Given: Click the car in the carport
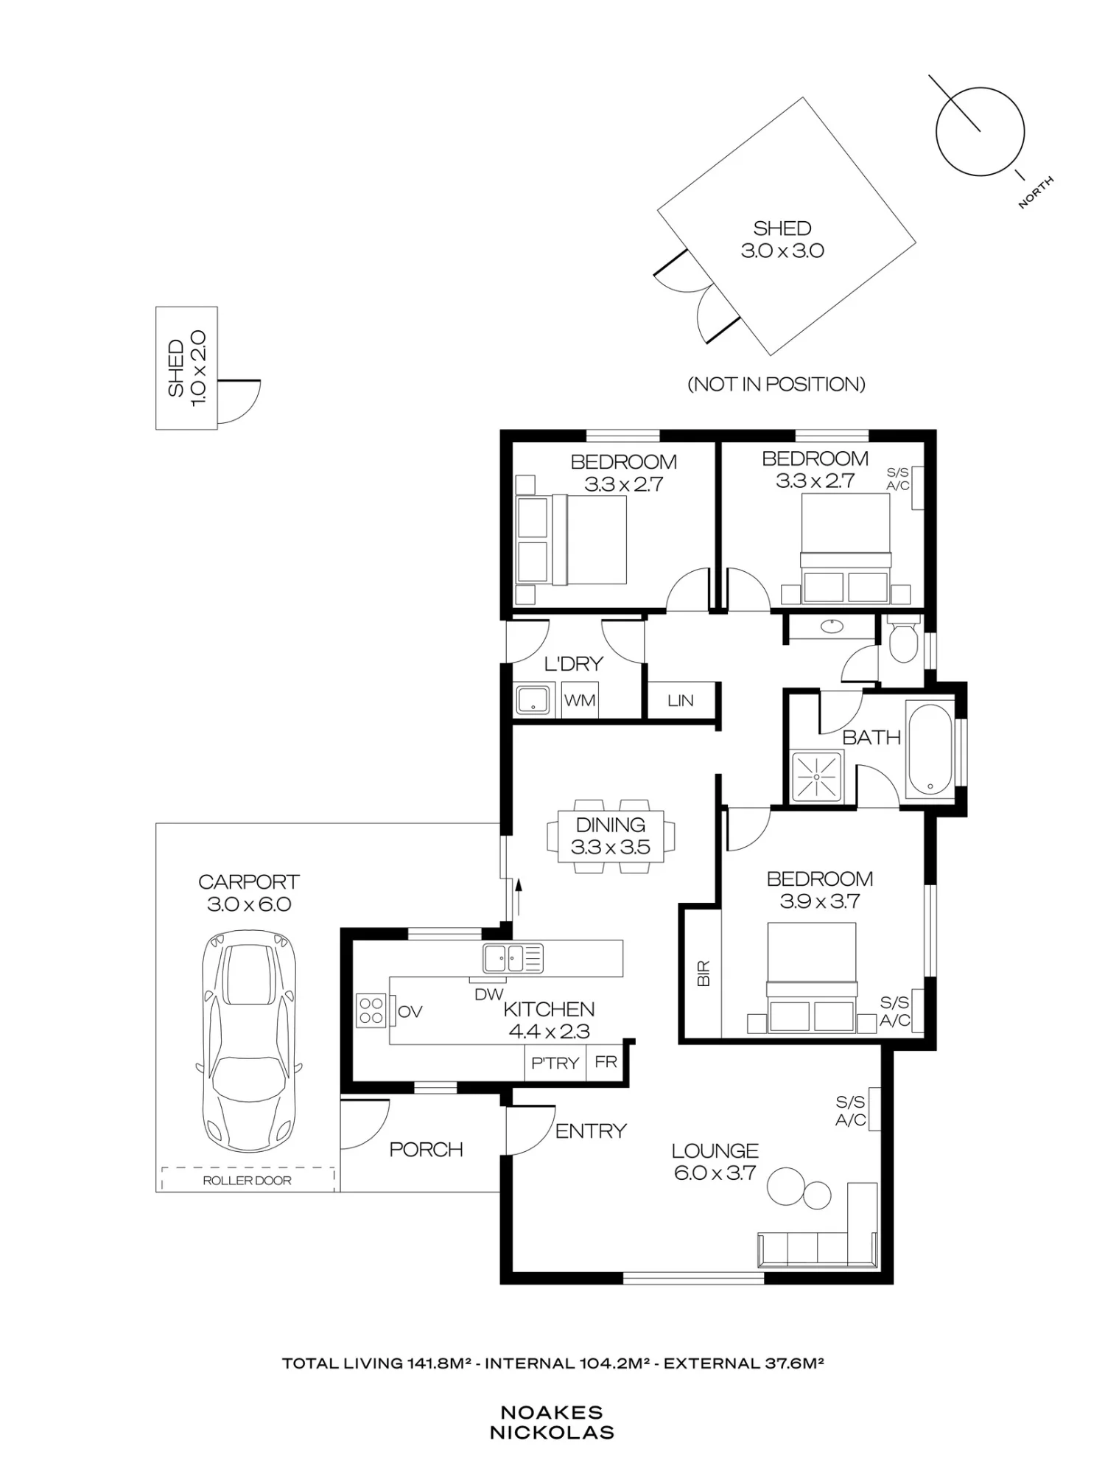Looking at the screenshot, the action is [249, 1041].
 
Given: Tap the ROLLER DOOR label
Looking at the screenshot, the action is [248, 1180].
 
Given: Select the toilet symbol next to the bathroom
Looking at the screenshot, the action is [902, 638].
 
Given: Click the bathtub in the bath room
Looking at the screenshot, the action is [930, 749].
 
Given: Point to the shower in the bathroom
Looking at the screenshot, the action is [816, 777].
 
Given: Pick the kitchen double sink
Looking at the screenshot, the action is [513, 958].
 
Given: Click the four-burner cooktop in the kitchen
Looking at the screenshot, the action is [372, 1010].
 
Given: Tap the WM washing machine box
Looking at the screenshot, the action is [580, 700].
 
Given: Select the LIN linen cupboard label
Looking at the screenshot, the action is [680, 701].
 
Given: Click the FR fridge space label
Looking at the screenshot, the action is [606, 1062].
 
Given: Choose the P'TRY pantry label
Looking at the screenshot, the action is [555, 1063].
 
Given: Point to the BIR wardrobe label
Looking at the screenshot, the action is [704, 974].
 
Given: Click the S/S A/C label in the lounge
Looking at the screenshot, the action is [850, 1111].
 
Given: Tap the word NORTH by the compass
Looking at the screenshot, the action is [1036, 192].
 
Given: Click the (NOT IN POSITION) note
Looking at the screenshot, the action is [776, 384].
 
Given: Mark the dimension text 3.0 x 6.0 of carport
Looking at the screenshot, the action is [249, 904].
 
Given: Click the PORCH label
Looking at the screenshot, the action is [426, 1149].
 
